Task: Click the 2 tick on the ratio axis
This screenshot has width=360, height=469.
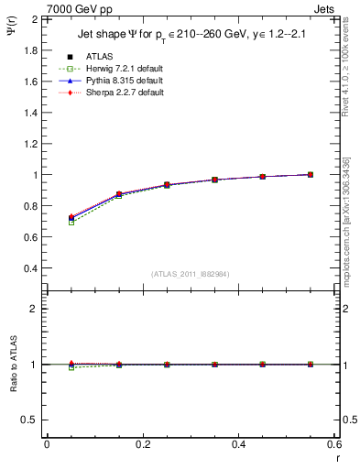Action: click(36, 309)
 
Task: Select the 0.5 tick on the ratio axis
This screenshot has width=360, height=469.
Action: click(31, 420)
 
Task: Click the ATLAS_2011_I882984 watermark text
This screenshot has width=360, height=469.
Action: click(190, 274)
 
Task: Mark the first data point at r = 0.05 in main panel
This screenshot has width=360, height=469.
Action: click(71, 218)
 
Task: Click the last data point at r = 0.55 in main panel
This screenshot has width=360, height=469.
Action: click(311, 174)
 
